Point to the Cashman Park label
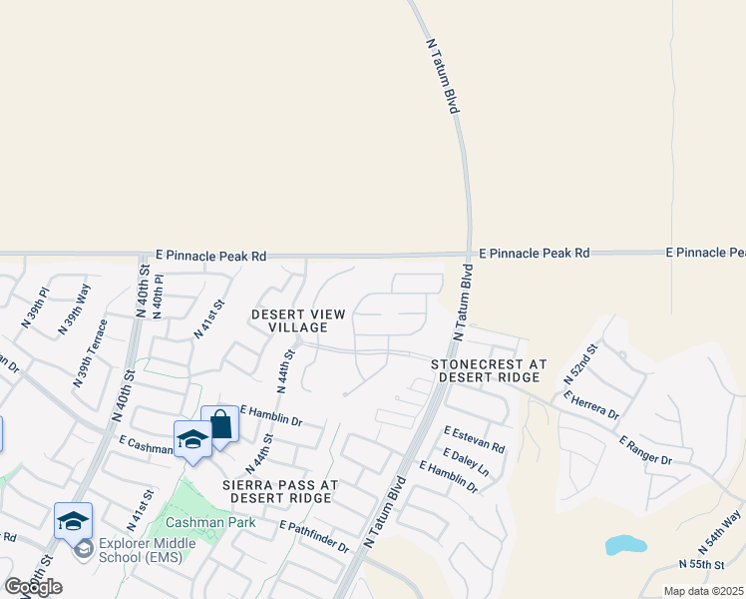[210, 522]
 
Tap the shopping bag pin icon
[220, 425]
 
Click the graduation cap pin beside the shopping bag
[191, 440]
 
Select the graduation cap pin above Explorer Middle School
[74, 521]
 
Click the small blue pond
[625, 545]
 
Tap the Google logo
[33, 586]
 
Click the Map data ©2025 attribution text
[703, 591]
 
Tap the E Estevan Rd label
[474, 441]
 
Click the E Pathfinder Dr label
[314, 537]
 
